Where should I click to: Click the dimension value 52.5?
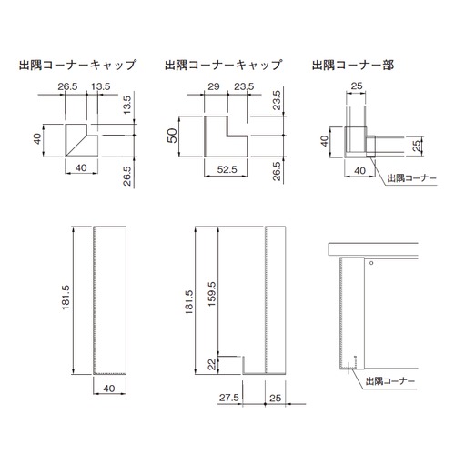(x=227, y=169)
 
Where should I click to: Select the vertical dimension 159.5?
(x=212, y=294)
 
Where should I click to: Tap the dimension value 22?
(x=212, y=364)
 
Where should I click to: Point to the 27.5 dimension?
(x=229, y=398)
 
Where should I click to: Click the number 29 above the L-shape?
(x=214, y=86)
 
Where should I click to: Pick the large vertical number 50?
(x=172, y=136)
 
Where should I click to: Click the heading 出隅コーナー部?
(x=353, y=65)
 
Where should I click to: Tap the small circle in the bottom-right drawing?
(x=371, y=263)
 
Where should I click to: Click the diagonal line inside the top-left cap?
(x=76, y=145)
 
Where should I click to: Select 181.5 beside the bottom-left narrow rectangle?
(x=66, y=298)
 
